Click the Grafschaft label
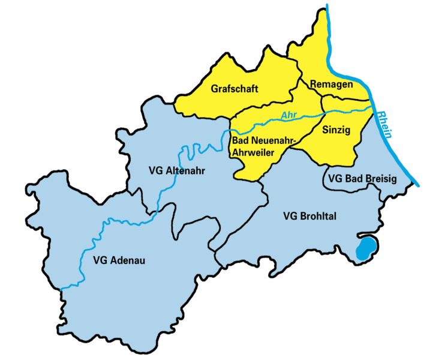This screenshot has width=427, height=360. pyautogui.click(x=234, y=89)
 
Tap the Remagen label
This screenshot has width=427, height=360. pyautogui.click(x=332, y=85)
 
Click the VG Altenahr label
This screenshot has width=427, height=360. pyautogui.click(x=177, y=170)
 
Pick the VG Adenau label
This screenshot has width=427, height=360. pyautogui.click(x=120, y=260)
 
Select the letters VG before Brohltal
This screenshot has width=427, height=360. pyautogui.click(x=288, y=215)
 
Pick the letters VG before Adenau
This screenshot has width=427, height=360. pyautogui.click(x=101, y=260)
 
